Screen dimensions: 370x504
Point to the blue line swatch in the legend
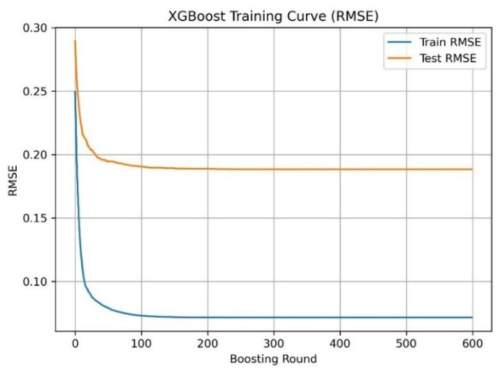coord(400,43)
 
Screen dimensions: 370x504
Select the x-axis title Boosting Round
coord(273,359)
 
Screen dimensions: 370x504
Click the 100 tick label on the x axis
coord(141,343)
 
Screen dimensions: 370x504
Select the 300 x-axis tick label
coord(273,343)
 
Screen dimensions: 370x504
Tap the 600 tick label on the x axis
coord(472,343)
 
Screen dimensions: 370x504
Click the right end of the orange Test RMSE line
coord(472,169)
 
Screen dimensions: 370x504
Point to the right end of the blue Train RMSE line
coord(472,317)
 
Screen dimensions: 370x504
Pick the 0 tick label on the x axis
coord(75,343)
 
